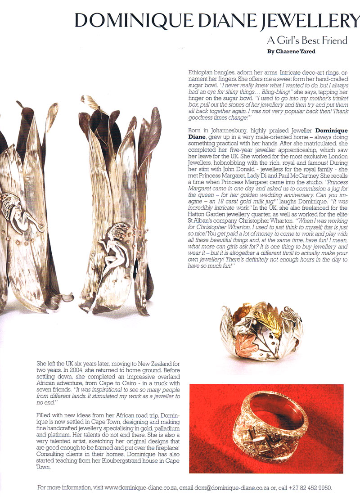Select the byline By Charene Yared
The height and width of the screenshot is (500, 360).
point(292,51)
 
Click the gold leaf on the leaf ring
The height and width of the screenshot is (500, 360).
point(273,320)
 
